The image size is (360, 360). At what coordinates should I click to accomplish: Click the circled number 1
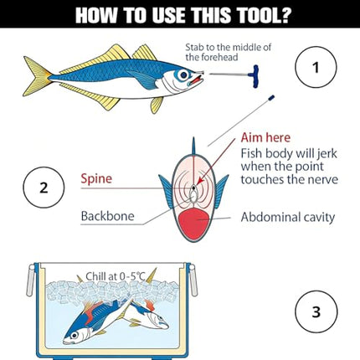(316, 67)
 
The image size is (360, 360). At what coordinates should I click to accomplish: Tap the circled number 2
(44, 188)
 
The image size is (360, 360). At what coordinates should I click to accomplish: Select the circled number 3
(316, 311)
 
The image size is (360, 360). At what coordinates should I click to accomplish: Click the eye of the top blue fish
(183, 75)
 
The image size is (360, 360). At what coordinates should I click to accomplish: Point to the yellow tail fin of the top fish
(37, 76)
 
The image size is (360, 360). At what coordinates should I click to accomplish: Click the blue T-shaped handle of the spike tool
(255, 76)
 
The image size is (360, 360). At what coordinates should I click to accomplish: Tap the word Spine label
(96, 179)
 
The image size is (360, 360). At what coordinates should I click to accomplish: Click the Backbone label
(107, 216)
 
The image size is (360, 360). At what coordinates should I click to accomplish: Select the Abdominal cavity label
(288, 218)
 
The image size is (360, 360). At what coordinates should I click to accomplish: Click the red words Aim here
(265, 137)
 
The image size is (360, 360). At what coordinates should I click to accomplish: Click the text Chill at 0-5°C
(116, 276)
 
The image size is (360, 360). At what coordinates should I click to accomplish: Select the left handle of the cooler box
(30, 280)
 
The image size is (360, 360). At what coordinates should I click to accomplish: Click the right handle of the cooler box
(193, 280)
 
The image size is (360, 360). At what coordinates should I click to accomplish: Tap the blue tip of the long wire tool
(271, 98)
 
